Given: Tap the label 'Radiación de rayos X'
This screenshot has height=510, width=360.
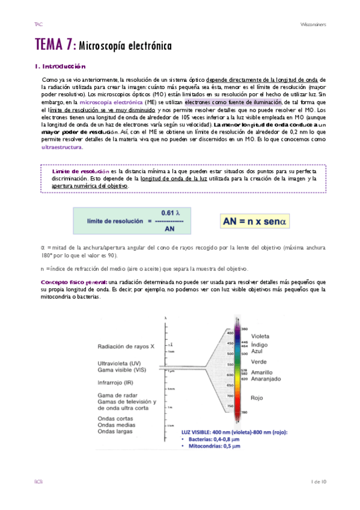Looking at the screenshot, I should point(126,345).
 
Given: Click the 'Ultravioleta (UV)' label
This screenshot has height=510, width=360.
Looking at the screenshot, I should point(121,363).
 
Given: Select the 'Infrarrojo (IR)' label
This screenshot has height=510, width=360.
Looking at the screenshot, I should point(117,381).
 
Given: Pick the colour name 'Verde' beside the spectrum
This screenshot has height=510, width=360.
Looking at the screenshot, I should point(259,361).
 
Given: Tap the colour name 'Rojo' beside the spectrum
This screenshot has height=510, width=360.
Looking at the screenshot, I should point(258,398).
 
